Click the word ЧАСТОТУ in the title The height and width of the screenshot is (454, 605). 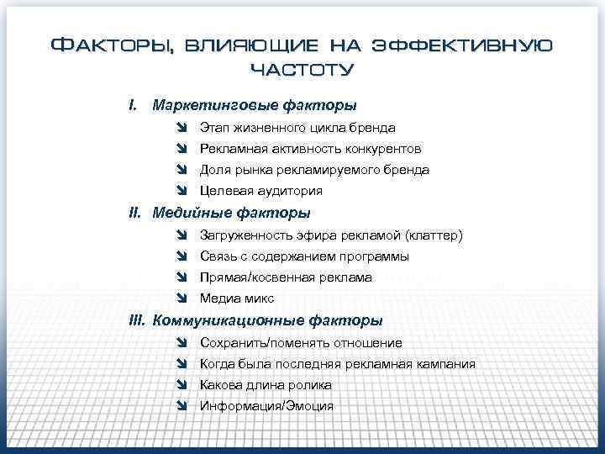coord(302,68)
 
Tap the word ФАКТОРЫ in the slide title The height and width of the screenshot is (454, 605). coord(111,45)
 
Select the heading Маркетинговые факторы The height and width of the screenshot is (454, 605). coord(254,106)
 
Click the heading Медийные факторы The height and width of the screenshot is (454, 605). coord(231,214)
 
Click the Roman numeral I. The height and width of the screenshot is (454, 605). coord(132,106)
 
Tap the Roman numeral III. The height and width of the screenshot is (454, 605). coord(137,320)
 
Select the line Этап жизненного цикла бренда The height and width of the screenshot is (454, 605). coord(297,128)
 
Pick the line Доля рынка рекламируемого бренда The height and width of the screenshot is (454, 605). coord(314,170)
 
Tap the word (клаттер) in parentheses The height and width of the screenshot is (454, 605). coord(434,235)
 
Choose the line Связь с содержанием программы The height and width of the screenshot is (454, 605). coord(304,256)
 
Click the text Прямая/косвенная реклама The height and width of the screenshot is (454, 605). coord(286,277)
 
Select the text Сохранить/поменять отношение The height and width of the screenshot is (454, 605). coord(301,343)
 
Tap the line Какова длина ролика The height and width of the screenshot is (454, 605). coord(266,385)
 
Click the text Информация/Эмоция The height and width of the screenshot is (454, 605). coord(266,406)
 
